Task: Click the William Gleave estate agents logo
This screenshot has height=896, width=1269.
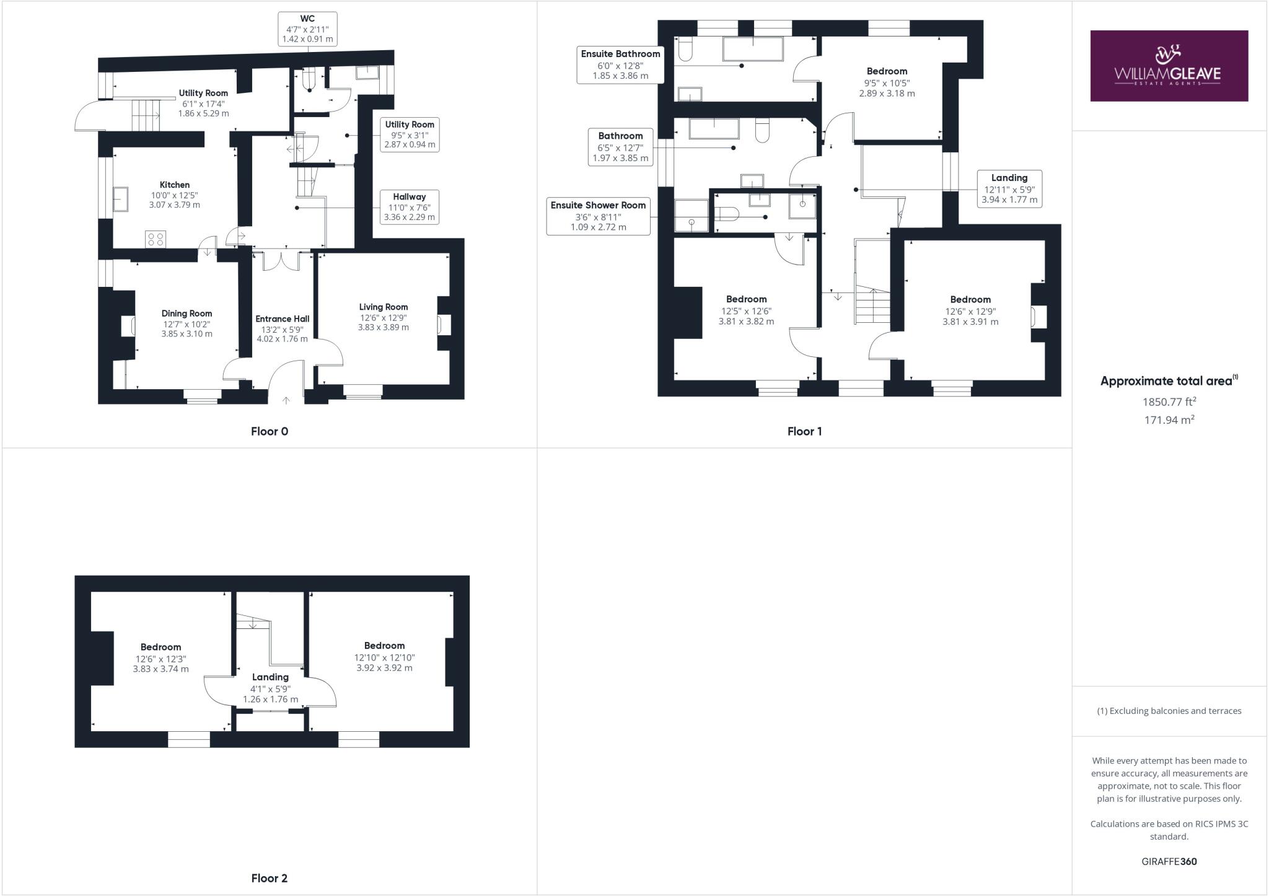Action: (x=1169, y=66)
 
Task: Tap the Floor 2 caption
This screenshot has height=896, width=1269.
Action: (x=269, y=878)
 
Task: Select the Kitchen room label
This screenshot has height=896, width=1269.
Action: (x=175, y=185)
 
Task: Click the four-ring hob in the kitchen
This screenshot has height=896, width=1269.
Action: (x=156, y=239)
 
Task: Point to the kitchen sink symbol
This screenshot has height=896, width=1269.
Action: (x=121, y=199)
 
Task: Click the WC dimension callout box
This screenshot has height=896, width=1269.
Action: (x=307, y=29)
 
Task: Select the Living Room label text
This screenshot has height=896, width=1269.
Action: (x=383, y=307)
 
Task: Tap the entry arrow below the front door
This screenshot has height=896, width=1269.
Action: (x=286, y=400)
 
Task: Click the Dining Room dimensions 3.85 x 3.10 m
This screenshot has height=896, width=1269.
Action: (x=187, y=334)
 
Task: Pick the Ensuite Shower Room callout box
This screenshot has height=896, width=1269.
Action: (x=598, y=216)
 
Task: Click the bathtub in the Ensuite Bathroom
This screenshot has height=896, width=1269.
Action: (x=753, y=49)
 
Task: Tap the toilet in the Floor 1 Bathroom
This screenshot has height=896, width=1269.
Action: (x=763, y=130)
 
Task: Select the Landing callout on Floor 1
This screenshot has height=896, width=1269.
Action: (x=1009, y=188)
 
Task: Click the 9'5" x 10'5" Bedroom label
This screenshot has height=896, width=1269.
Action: (x=887, y=82)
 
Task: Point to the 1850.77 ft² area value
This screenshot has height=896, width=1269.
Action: (x=1169, y=402)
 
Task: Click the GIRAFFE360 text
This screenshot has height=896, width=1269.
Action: (x=1169, y=861)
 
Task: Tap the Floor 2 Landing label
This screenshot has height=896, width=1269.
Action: (x=270, y=677)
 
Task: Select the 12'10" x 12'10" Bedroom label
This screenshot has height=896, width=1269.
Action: (x=384, y=657)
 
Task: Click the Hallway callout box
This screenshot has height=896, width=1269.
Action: (x=409, y=207)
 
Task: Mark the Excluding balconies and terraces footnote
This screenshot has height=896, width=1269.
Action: (x=1169, y=711)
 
